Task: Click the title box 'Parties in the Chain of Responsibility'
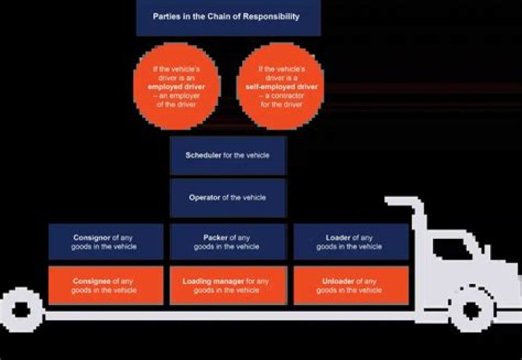pos(227,17)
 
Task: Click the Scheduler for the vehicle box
pos(228,155)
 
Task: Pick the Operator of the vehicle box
pos(228,198)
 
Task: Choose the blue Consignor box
pos(107,242)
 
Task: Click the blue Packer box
pos(228,242)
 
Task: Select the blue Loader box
pos(349,242)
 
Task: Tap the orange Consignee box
pos(107,285)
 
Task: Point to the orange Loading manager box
pos(228,285)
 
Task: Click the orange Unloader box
pos(349,285)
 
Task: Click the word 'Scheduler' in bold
pos(204,155)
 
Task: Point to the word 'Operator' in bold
pos(204,198)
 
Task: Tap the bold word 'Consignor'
pos(91,238)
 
